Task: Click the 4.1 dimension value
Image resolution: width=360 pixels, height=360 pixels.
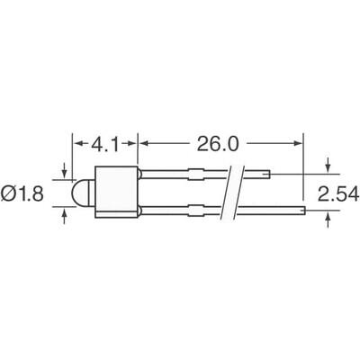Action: click(104, 142)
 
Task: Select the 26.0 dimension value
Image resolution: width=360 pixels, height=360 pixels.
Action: click(220, 142)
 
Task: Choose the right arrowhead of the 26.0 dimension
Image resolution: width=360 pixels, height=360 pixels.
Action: click(299, 142)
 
